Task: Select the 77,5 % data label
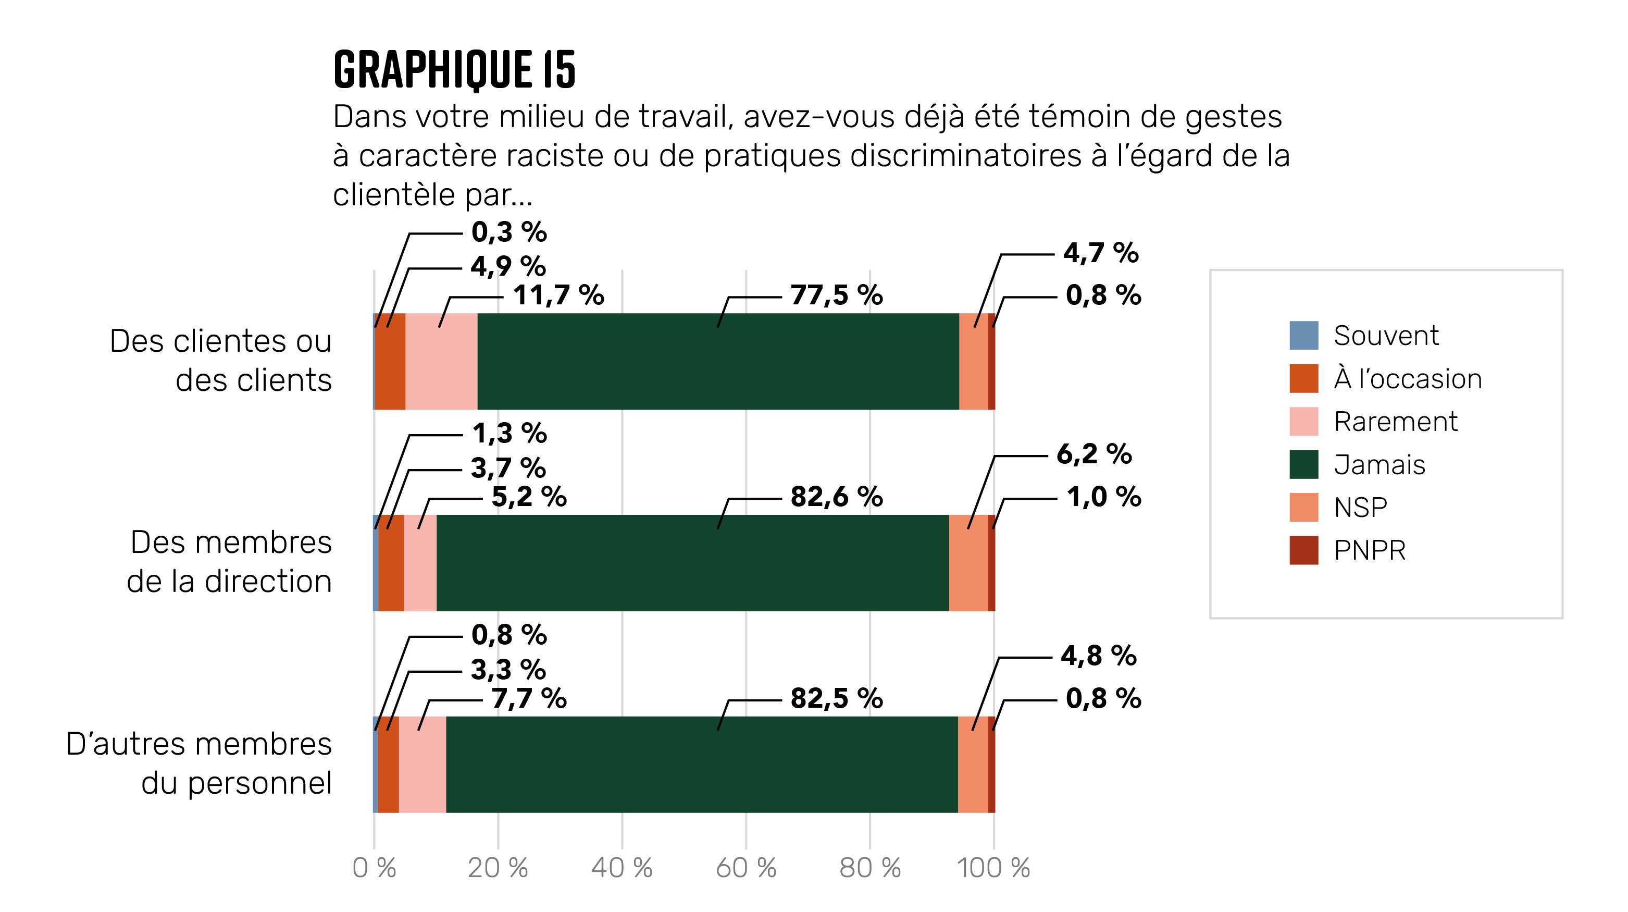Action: click(836, 295)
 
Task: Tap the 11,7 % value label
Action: click(558, 295)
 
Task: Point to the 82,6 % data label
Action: click(836, 497)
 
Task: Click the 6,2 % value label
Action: click(1093, 454)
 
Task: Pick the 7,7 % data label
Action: click(528, 698)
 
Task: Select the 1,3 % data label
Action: click(509, 434)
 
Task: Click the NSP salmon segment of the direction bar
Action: click(968, 563)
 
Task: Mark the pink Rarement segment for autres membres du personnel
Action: click(422, 764)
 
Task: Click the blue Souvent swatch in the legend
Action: click(1303, 336)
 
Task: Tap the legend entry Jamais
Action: click(1379, 464)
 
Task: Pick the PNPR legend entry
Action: click(1369, 550)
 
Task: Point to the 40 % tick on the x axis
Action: click(621, 868)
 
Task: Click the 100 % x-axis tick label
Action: click(993, 868)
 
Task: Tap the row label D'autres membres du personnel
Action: click(199, 763)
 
